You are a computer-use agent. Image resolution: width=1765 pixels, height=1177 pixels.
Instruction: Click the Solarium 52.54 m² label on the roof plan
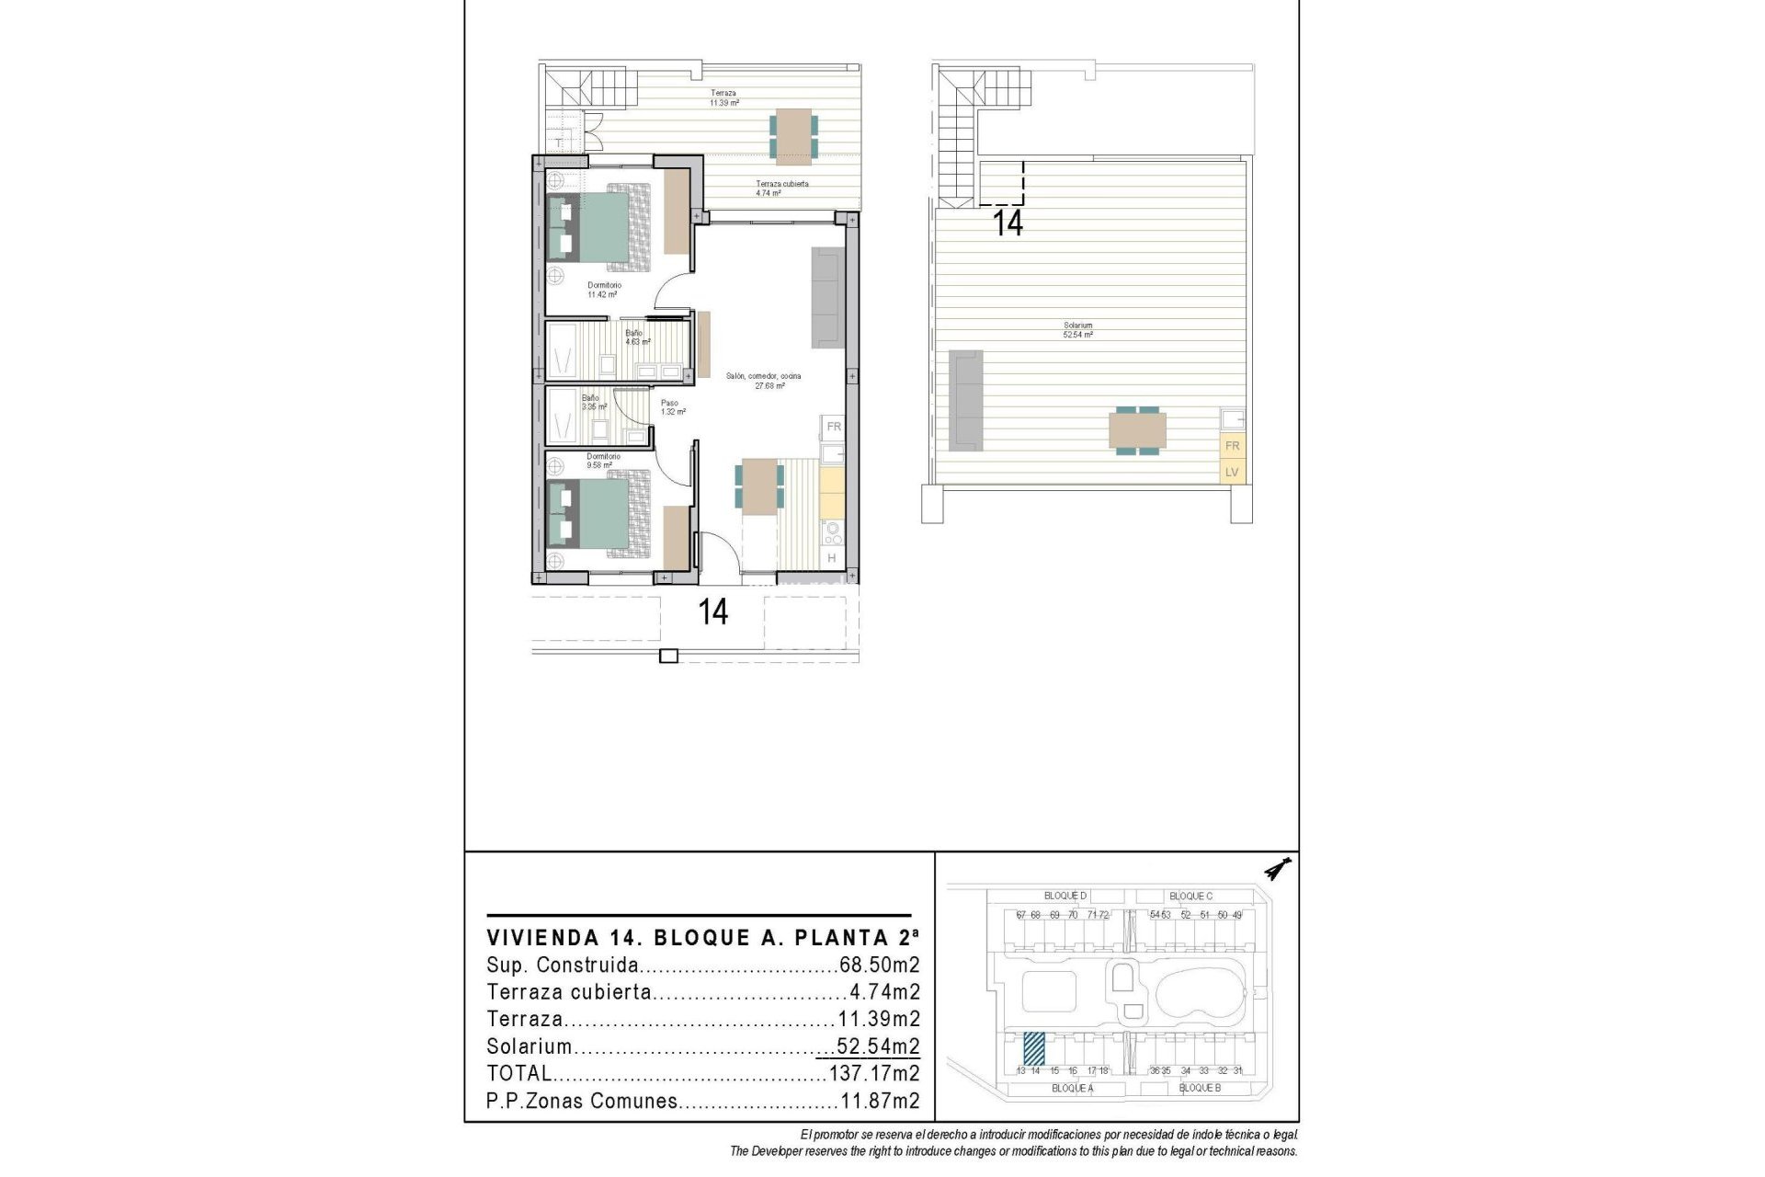pyautogui.click(x=1077, y=330)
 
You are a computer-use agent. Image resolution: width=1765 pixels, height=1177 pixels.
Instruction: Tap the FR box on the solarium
pyautogui.click(x=1232, y=446)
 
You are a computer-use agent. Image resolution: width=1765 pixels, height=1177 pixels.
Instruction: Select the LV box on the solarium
pyautogui.click(x=1232, y=473)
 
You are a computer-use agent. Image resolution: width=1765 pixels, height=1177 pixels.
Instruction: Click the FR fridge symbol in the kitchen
pyautogui.click(x=834, y=427)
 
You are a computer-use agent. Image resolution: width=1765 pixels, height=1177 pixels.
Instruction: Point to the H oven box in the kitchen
pyautogui.click(x=831, y=558)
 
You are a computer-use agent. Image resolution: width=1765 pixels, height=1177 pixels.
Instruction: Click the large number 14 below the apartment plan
pyautogui.click(x=713, y=612)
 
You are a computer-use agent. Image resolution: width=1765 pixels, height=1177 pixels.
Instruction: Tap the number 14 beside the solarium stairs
pyautogui.click(x=1008, y=223)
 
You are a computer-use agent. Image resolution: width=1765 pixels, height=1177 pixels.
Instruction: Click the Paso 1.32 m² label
pyautogui.click(x=672, y=407)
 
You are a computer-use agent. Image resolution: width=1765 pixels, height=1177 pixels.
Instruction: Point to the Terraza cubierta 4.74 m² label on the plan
pyautogui.click(x=781, y=189)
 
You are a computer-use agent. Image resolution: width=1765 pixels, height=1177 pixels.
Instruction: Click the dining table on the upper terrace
pyautogui.click(x=793, y=136)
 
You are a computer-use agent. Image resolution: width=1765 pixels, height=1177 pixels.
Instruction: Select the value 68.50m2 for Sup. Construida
pyautogui.click(x=879, y=966)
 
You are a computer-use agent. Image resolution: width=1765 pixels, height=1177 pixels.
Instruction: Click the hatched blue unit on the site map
pyautogui.click(x=1034, y=1047)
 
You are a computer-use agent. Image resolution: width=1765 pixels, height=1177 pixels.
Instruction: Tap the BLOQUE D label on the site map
pyautogui.click(x=1065, y=896)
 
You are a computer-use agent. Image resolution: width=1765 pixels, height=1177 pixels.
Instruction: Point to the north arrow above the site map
pyautogui.click(x=1278, y=868)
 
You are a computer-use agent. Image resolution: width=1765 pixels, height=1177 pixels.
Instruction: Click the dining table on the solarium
pyautogui.click(x=1137, y=431)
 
